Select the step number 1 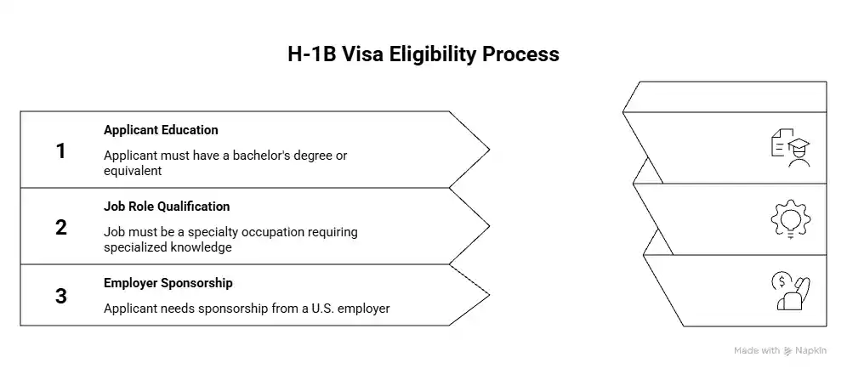(60, 151)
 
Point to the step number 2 (60, 227)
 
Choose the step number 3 (60, 296)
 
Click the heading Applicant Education (161, 130)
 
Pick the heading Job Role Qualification (167, 207)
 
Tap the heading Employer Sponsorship (168, 282)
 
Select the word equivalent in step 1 (133, 170)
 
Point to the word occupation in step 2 (276, 232)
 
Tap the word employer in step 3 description (364, 309)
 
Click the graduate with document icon (789, 150)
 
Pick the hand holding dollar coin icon (789, 292)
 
